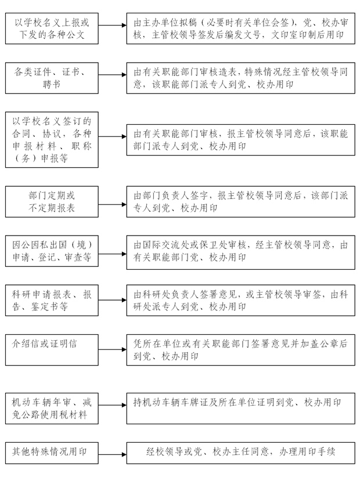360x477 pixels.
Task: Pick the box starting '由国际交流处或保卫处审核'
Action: point(240,251)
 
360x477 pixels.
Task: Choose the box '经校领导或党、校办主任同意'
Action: point(240,452)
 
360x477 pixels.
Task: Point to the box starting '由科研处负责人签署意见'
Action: point(240,299)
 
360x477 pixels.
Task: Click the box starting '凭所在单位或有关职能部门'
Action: point(240,349)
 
